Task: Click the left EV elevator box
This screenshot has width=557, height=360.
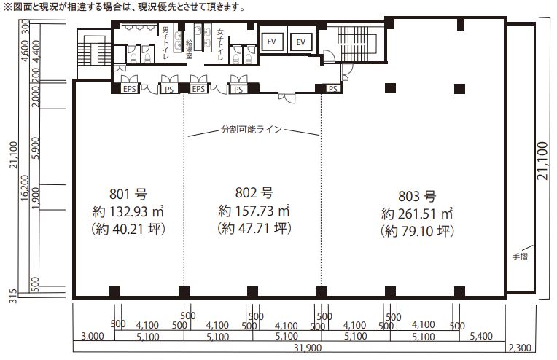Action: tap(271, 42)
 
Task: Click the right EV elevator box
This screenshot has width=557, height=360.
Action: tap(301, 42)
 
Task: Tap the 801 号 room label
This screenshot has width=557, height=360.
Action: tap(128, 194)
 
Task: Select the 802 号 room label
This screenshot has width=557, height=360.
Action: tap(254, 193)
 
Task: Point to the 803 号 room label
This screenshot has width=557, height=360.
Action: tap(417, 196)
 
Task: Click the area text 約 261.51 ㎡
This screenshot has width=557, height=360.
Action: tap(417, 214)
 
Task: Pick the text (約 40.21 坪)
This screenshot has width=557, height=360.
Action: tap(128, 229)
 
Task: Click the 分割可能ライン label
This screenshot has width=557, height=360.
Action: tap(252, 129)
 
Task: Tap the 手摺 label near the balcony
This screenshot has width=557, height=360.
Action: tap(520, 257)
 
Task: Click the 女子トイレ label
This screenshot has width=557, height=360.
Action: tap(221, 44)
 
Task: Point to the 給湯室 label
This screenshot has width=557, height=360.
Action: tap(189, 49)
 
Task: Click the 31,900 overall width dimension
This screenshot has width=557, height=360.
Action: tap(308, 348)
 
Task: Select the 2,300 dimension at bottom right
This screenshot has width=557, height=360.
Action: tap(520, 348)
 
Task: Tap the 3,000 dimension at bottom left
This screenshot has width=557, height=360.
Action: tap(93, 336)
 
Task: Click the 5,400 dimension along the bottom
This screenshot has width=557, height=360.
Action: tap(481, 336)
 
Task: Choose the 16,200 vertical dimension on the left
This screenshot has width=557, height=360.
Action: tap(24, 188)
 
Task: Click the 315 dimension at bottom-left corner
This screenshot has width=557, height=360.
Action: tap(13, 296)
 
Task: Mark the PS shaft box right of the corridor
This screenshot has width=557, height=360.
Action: tap(333, 89)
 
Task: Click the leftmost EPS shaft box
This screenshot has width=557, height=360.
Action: tap(129, 89)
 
